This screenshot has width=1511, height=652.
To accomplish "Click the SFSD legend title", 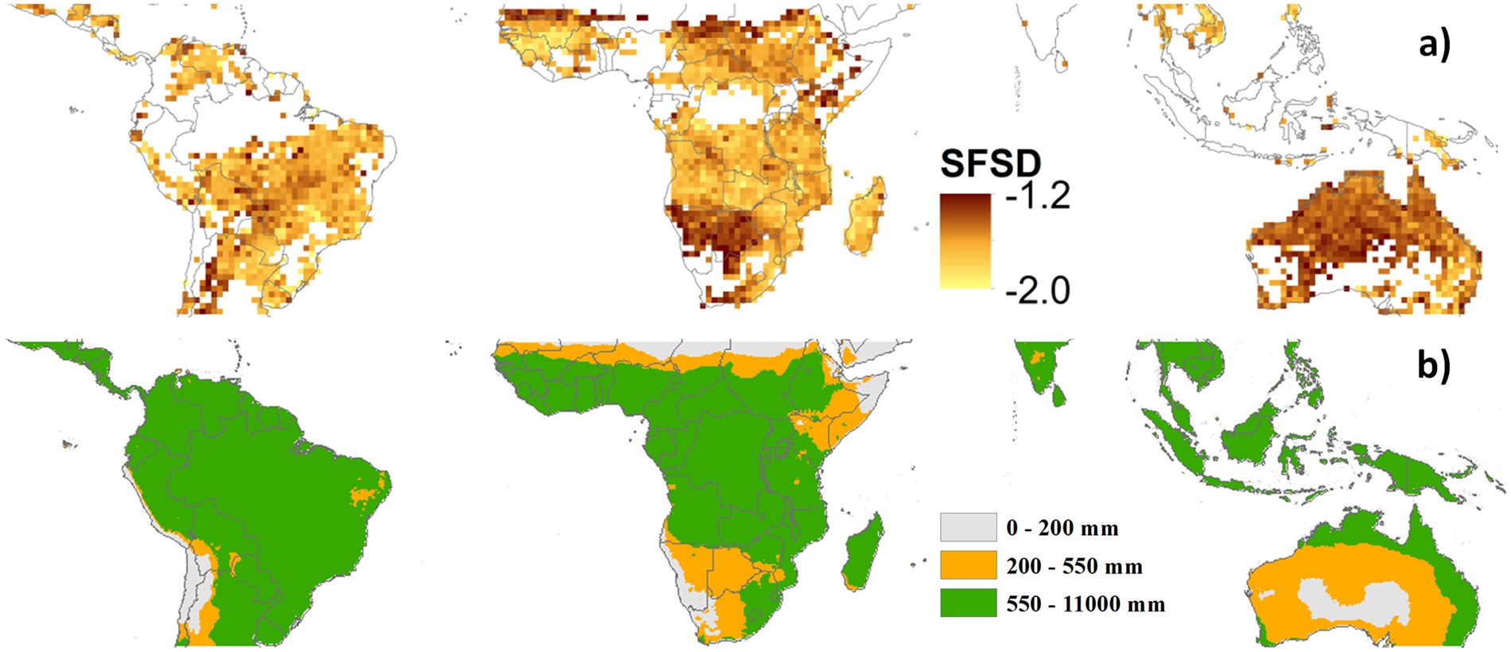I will click(990, 164).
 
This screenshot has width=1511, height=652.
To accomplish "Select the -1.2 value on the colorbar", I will click(1038, 196).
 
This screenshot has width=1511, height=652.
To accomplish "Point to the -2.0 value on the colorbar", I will click(1038, 290).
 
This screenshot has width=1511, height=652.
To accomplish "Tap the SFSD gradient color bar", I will click(965, 241).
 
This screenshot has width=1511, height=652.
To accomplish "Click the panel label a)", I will click(1435, 45).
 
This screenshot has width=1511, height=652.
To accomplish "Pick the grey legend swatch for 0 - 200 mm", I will click(968, 527).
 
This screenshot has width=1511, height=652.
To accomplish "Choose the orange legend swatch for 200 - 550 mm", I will click(968, 565).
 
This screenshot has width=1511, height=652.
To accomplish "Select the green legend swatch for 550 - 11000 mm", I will click(968, 603).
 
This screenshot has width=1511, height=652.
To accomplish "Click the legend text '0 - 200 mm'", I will click(1062, 528).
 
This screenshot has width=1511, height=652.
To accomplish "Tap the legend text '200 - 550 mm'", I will click(1074, 566).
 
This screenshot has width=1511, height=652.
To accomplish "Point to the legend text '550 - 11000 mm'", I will click(1086, 604).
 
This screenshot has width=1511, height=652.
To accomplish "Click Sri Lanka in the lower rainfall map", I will click(1058, 394).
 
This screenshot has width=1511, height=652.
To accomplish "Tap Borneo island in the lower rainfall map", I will click(1249, 433).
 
